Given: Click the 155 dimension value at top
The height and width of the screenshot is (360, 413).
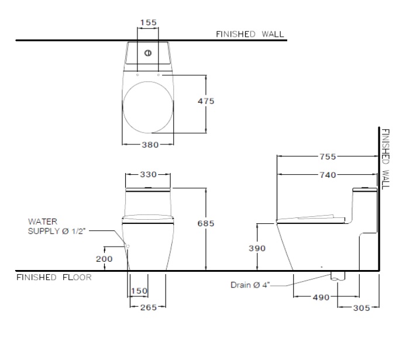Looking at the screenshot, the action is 148,22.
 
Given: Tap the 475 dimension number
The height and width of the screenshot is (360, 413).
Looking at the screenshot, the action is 206,101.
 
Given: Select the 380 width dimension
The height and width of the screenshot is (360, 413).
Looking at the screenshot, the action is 150,145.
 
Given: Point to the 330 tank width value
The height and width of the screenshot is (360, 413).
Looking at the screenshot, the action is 148,175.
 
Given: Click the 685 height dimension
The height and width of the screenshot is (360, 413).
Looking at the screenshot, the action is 206,223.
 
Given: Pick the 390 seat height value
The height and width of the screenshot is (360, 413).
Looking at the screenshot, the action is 257,248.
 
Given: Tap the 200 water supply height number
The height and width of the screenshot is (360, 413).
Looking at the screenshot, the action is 104,259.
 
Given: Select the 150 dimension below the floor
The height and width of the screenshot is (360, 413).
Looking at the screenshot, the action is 139,291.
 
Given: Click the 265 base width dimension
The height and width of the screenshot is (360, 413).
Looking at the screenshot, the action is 149,307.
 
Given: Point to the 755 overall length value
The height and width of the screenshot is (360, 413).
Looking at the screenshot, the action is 328,157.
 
